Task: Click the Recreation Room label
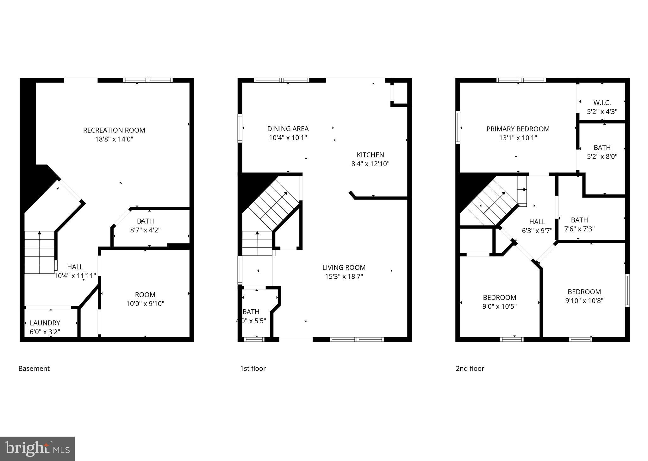[114, 130]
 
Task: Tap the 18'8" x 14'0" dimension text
[114, 139]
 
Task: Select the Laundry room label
[45, 323]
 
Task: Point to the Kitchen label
[370, 155]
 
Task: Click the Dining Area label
[288, 129]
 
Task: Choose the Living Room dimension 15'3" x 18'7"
[344, 276]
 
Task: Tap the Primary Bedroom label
[518, 129]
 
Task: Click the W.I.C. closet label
[602, 103]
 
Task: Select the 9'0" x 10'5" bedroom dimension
[500, 306]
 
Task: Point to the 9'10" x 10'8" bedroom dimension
[584, 300]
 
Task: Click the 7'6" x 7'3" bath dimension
[579, 229]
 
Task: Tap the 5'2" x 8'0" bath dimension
[602, 156]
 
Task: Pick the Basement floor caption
[34, 369]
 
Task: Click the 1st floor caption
[253, 369]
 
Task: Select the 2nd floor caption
[470, 369]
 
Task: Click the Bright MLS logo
[37, 449]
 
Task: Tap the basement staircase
[40, 252]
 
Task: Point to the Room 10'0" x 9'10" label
[145, 299]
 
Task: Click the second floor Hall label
[537, 222]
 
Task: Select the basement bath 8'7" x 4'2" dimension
[146, 230]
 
